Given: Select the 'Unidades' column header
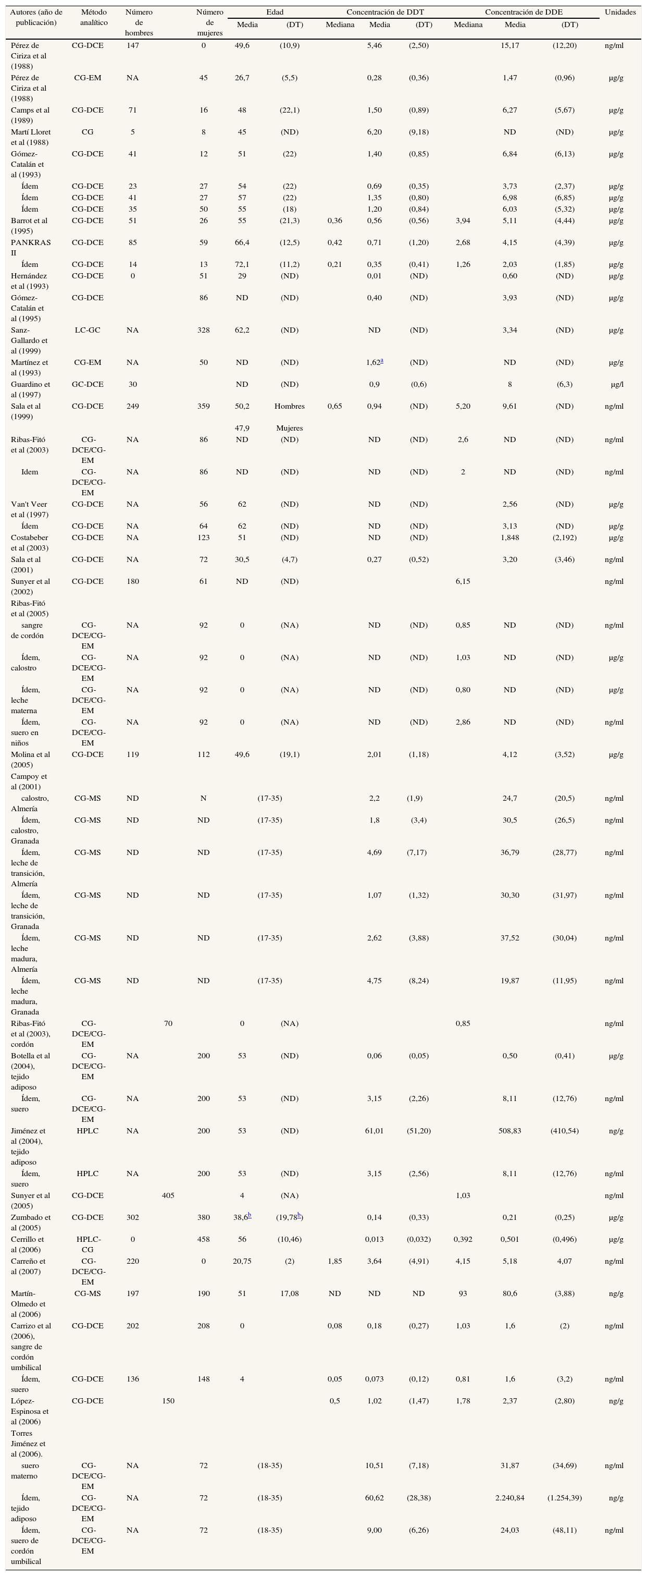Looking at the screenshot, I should click(x=620, y=12).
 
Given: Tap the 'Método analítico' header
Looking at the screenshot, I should click(x=94, y=17).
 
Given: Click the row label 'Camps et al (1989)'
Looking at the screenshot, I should click(x=30, y=115).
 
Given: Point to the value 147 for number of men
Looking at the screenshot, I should click(x=133, y=45).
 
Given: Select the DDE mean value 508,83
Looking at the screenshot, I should click(x=509, y=1131).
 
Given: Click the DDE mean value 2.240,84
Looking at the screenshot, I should click(x=509, y=1498).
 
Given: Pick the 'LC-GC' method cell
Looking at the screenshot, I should click(x=88, y=330).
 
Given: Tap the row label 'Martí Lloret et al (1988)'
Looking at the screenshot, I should click(x=31, y=137).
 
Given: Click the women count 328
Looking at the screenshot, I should click(x=204, y=330).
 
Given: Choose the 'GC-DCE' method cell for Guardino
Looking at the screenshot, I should click(x=88, y=384).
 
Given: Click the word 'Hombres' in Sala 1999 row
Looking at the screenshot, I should click(x=289, y=406).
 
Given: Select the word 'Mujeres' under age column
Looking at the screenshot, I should click(x=289, y=428).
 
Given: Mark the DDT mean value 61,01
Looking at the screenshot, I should click(x=374, y=1131).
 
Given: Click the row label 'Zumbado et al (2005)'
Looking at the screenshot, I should click(x=31, y=1223).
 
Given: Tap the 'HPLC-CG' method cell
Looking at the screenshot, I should click(x=88, y=1244).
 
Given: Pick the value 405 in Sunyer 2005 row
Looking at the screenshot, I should click(x=168, y=1195).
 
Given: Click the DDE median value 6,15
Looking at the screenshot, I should click(x=463, y=581).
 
